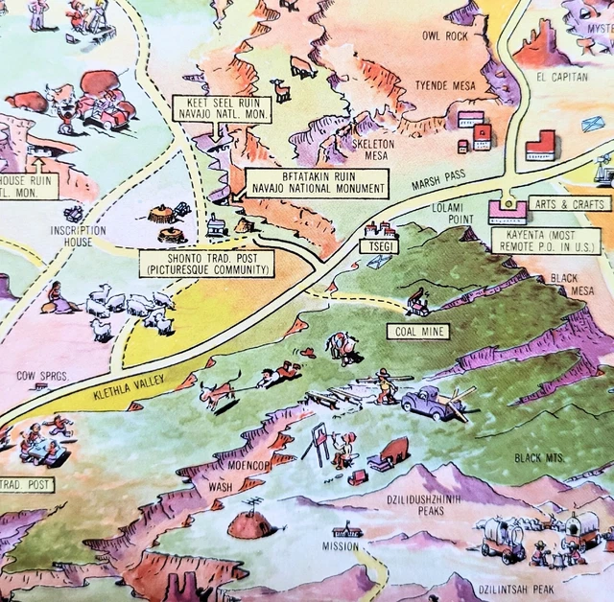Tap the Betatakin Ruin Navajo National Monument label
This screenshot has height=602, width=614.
coord(316,183)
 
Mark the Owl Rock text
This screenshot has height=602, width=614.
coord(444,36)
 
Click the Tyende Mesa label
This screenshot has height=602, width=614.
coord(447,85)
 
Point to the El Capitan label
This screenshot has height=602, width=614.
coord(562,77)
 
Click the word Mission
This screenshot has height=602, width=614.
coord(340,546)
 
